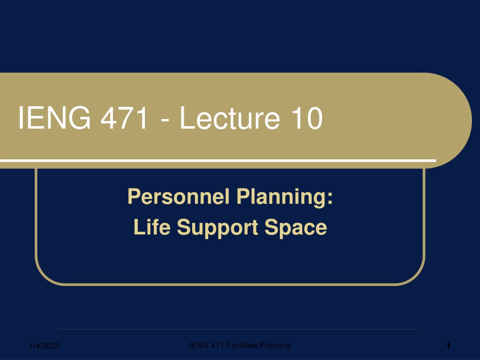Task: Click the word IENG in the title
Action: (54, 118)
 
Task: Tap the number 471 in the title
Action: (125, 118)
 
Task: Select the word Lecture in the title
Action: (230, 118)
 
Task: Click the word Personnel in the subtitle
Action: (179, 196)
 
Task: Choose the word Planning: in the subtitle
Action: (285, 197)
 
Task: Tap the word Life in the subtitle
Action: (152, 227)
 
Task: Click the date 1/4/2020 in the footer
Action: (45, 346)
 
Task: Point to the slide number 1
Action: (448, 345)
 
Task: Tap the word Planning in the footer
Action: (275, 345)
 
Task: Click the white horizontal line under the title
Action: (218, 160)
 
